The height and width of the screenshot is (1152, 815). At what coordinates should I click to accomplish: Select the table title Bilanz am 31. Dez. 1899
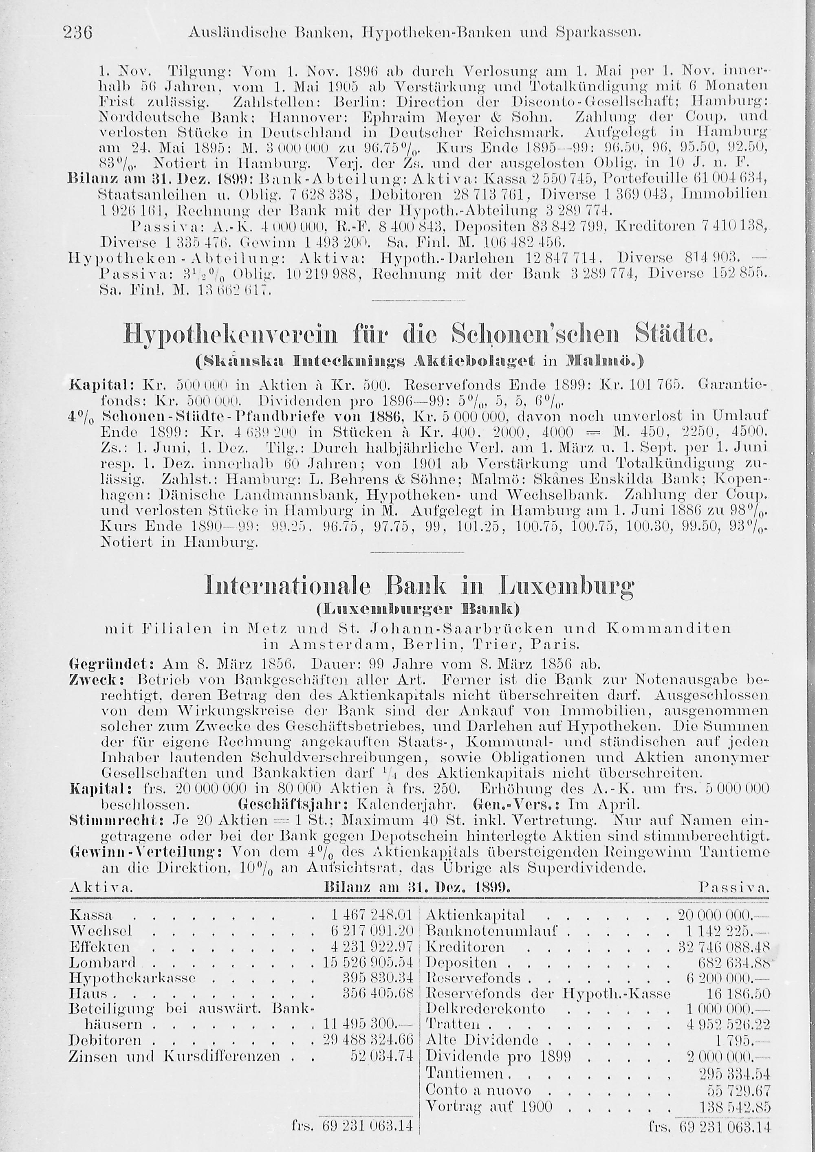coord(418,887)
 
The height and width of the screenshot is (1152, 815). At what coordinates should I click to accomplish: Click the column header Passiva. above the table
coord(733,888)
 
